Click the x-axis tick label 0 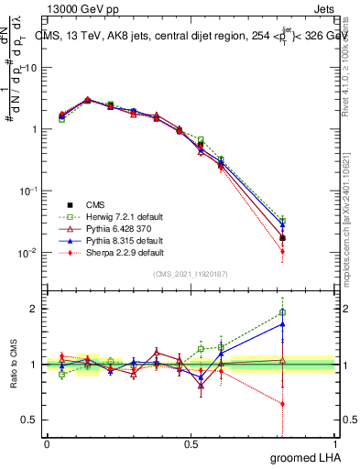coord(47,443)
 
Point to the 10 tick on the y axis coord(32,68)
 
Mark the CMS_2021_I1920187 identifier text coord(191,275)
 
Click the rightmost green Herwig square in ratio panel coord(282,312)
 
